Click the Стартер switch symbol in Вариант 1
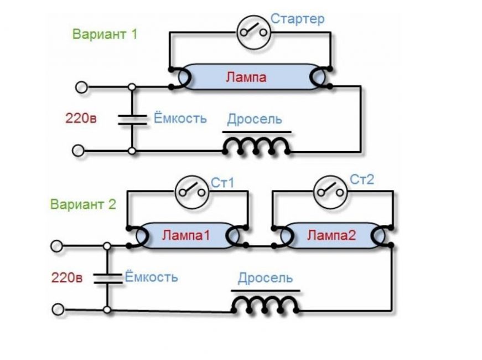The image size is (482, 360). click(253, 32)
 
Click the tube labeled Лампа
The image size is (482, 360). click(246, 77)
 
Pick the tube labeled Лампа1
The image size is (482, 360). click(186, 235)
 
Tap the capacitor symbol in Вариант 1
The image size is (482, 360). click(132, 119)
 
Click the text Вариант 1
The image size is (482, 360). click(105, 34)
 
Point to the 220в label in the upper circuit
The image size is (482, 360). click(81, 118)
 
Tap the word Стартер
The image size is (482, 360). click(297, 19)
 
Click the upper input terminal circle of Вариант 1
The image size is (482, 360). click(81, 87)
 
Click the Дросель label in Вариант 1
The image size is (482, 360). click(255, 119)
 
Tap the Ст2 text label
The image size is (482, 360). click(362, 179)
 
